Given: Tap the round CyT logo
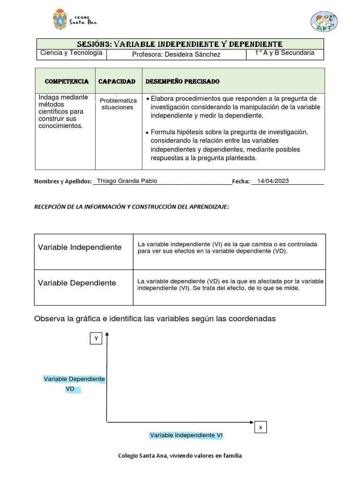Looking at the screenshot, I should [x=323, y=22].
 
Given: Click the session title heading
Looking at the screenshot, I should [x=180, y=44].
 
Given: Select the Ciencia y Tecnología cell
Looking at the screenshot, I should [x=71, y=53].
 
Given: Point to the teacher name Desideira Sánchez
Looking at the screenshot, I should [x=176, y=55].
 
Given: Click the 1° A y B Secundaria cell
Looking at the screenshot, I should [x=285, y=53].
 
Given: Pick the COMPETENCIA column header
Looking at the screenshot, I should [x=66, y=82].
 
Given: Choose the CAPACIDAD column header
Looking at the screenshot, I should [x=117, y=82].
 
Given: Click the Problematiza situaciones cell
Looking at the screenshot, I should [x=118, y=104].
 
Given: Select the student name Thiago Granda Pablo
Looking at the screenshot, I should [x=127, y=181].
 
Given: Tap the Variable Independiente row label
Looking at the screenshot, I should [x=80, y=247].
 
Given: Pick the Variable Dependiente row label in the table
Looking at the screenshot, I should [x=77, y=283].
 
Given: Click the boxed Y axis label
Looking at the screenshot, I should [x=96, y=338].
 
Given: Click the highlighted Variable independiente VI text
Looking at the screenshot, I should [x=186, y=435].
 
